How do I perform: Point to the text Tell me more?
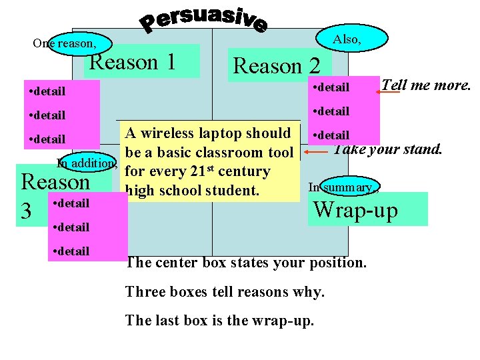pyautogui.click(x=427, y=85)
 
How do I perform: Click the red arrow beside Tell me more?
pyautogui.click(x=388, y=93)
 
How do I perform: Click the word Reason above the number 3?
pyautogui.click(x=56, y=182)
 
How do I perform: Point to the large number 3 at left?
pyautogui.click(x=27, y=211)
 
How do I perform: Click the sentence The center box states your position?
pyautogui.click(x=245, y=263)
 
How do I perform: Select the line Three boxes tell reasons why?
pyautogui.click(x=225, y=292)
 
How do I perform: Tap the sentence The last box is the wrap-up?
pyautogui.click(x=219, y=320)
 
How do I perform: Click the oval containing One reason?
pyautogui.click(x=71, y=43)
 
